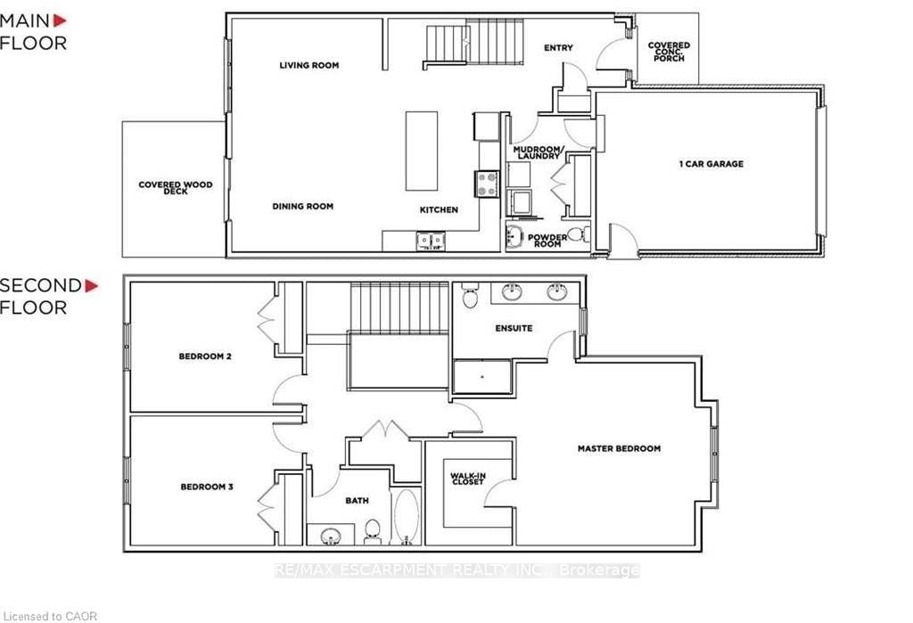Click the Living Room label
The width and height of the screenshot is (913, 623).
309,65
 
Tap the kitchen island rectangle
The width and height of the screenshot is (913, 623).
422,151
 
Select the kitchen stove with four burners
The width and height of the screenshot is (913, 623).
488,184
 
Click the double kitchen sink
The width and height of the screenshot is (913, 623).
431,241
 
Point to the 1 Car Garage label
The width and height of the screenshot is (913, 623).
711,164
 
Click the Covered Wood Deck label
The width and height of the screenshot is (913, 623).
176,187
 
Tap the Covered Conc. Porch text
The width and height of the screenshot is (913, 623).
669,51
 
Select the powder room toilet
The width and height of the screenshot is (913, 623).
578,234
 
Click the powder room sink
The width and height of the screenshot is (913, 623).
514,236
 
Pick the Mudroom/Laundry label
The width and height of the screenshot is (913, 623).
538,152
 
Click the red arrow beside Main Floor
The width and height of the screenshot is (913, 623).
60,21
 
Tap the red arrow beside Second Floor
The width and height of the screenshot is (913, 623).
92,286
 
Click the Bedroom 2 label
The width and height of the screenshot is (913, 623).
205,357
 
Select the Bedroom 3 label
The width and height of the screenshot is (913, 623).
207,487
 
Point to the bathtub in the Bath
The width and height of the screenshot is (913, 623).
406,516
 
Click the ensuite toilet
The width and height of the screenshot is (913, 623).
470,296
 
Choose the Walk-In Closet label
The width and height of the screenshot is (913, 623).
467,479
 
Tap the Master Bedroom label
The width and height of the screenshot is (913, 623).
619,448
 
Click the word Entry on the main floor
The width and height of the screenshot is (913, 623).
558,48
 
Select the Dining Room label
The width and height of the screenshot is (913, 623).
303,206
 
